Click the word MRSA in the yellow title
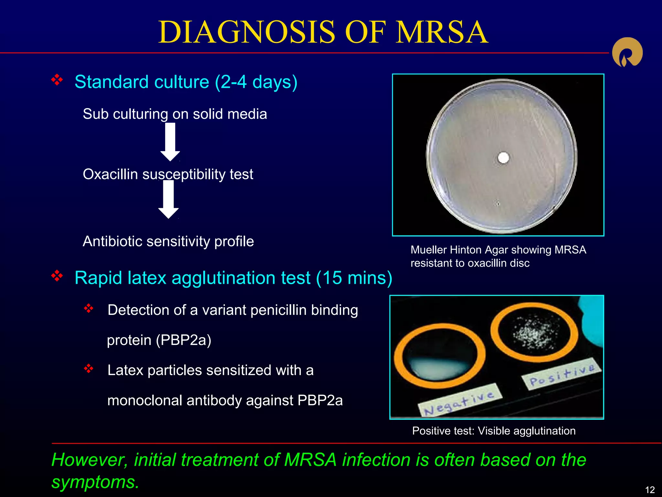coord(442,32)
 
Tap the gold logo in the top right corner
coord(627,52)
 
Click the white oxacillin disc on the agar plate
coord(503,158)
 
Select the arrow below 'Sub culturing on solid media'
coord(170,142)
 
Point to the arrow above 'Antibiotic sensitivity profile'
coord(168,199)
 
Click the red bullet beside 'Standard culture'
coord(57,80)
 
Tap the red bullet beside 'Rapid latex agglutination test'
coord(57,276)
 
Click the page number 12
coord(650,490)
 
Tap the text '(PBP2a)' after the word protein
coord(183,340)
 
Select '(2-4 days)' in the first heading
coord(256,82)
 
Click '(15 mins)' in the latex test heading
coord(354,278)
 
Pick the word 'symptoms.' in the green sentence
coord(95,482)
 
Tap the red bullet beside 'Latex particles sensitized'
coord(88,368)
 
